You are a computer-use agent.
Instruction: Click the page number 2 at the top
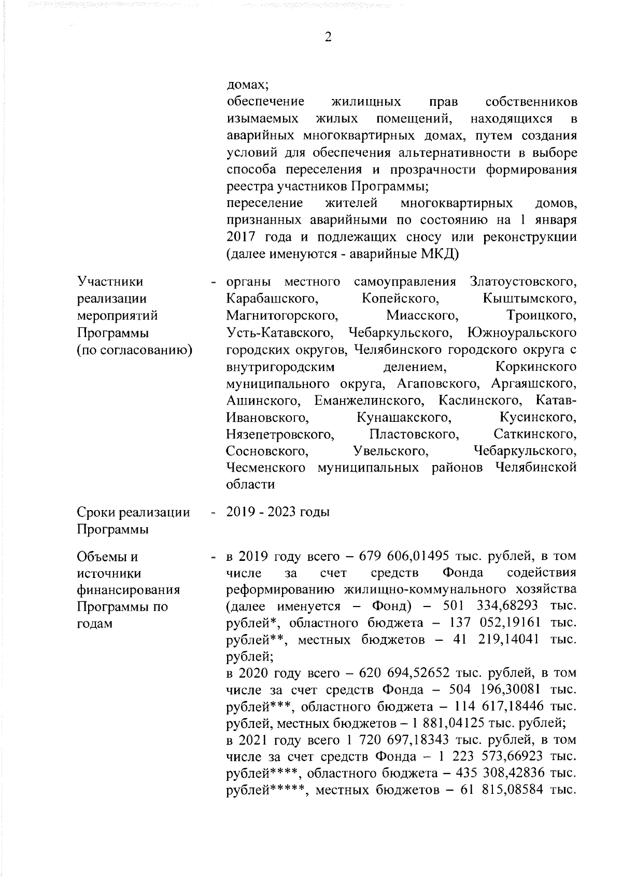pos(327,37)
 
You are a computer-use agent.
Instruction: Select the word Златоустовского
pos(523,282)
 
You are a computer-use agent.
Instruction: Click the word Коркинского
pos(535,367)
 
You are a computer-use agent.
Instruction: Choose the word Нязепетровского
pos(280,433)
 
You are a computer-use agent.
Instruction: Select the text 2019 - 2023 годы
pos(278,512)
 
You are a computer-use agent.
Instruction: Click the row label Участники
pos(110,282)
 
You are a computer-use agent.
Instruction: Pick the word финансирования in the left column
pos(128,590)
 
